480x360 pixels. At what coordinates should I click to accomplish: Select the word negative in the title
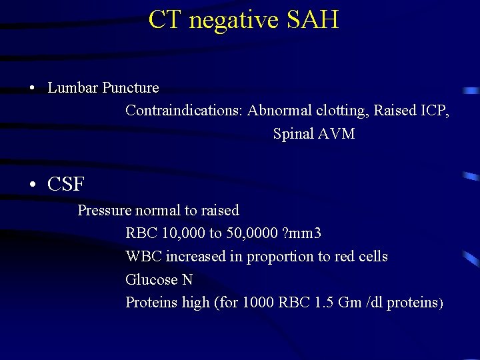[233, 21]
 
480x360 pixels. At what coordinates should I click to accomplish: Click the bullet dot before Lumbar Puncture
[32, 89]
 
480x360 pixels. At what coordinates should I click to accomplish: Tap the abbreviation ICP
[435, 110]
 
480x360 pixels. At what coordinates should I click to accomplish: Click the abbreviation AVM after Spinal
[337, 133]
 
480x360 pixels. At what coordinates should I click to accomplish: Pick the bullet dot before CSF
[32, 185]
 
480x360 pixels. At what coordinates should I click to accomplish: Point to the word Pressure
[105, 210]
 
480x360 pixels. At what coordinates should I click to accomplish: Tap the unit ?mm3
[303, 233]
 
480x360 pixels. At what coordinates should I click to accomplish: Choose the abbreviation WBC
[143, 256]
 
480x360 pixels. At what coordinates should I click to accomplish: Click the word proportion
[277, 257]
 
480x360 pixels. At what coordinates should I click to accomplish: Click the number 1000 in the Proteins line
[257, 302]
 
